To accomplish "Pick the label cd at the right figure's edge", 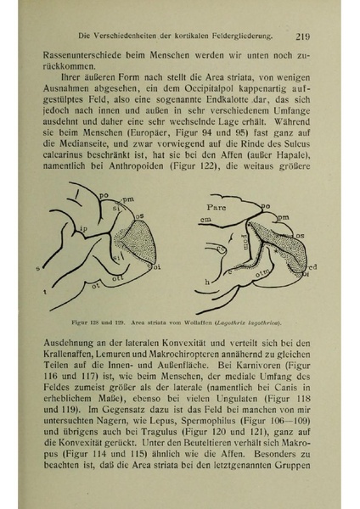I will [313, 262].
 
